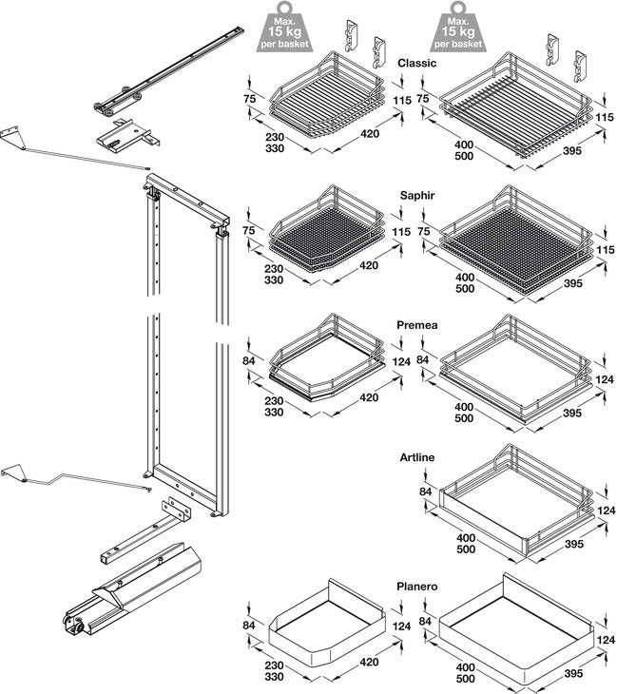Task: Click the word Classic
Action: (x=416, y=64)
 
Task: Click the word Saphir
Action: (x=417, y=195)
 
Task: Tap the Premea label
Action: (x=417, y=326)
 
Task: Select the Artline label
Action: (x=417, y=458)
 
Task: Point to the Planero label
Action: (x=416, y=588)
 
